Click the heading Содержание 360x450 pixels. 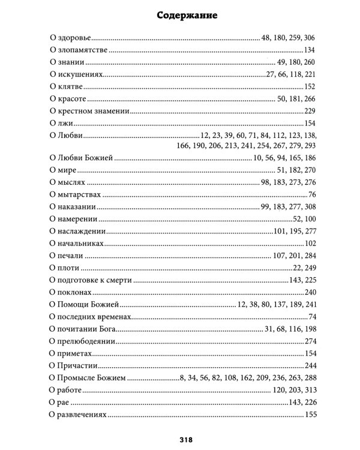coord(179,14)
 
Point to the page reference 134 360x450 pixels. coord(310,50)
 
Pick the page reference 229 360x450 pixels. coord(310,111)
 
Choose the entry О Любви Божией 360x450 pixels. coord(80,158)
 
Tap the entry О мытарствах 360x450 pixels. coord(74,195)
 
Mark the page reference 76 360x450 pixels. coord(312,195)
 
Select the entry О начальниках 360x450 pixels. coord(76,244)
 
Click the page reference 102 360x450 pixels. coord(310,244)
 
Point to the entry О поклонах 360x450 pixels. coord(70,292)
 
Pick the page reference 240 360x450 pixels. coord(310,292)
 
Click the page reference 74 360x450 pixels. coord(312,317)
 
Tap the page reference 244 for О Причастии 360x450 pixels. coord(310,365)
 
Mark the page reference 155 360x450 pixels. coord(310,415)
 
